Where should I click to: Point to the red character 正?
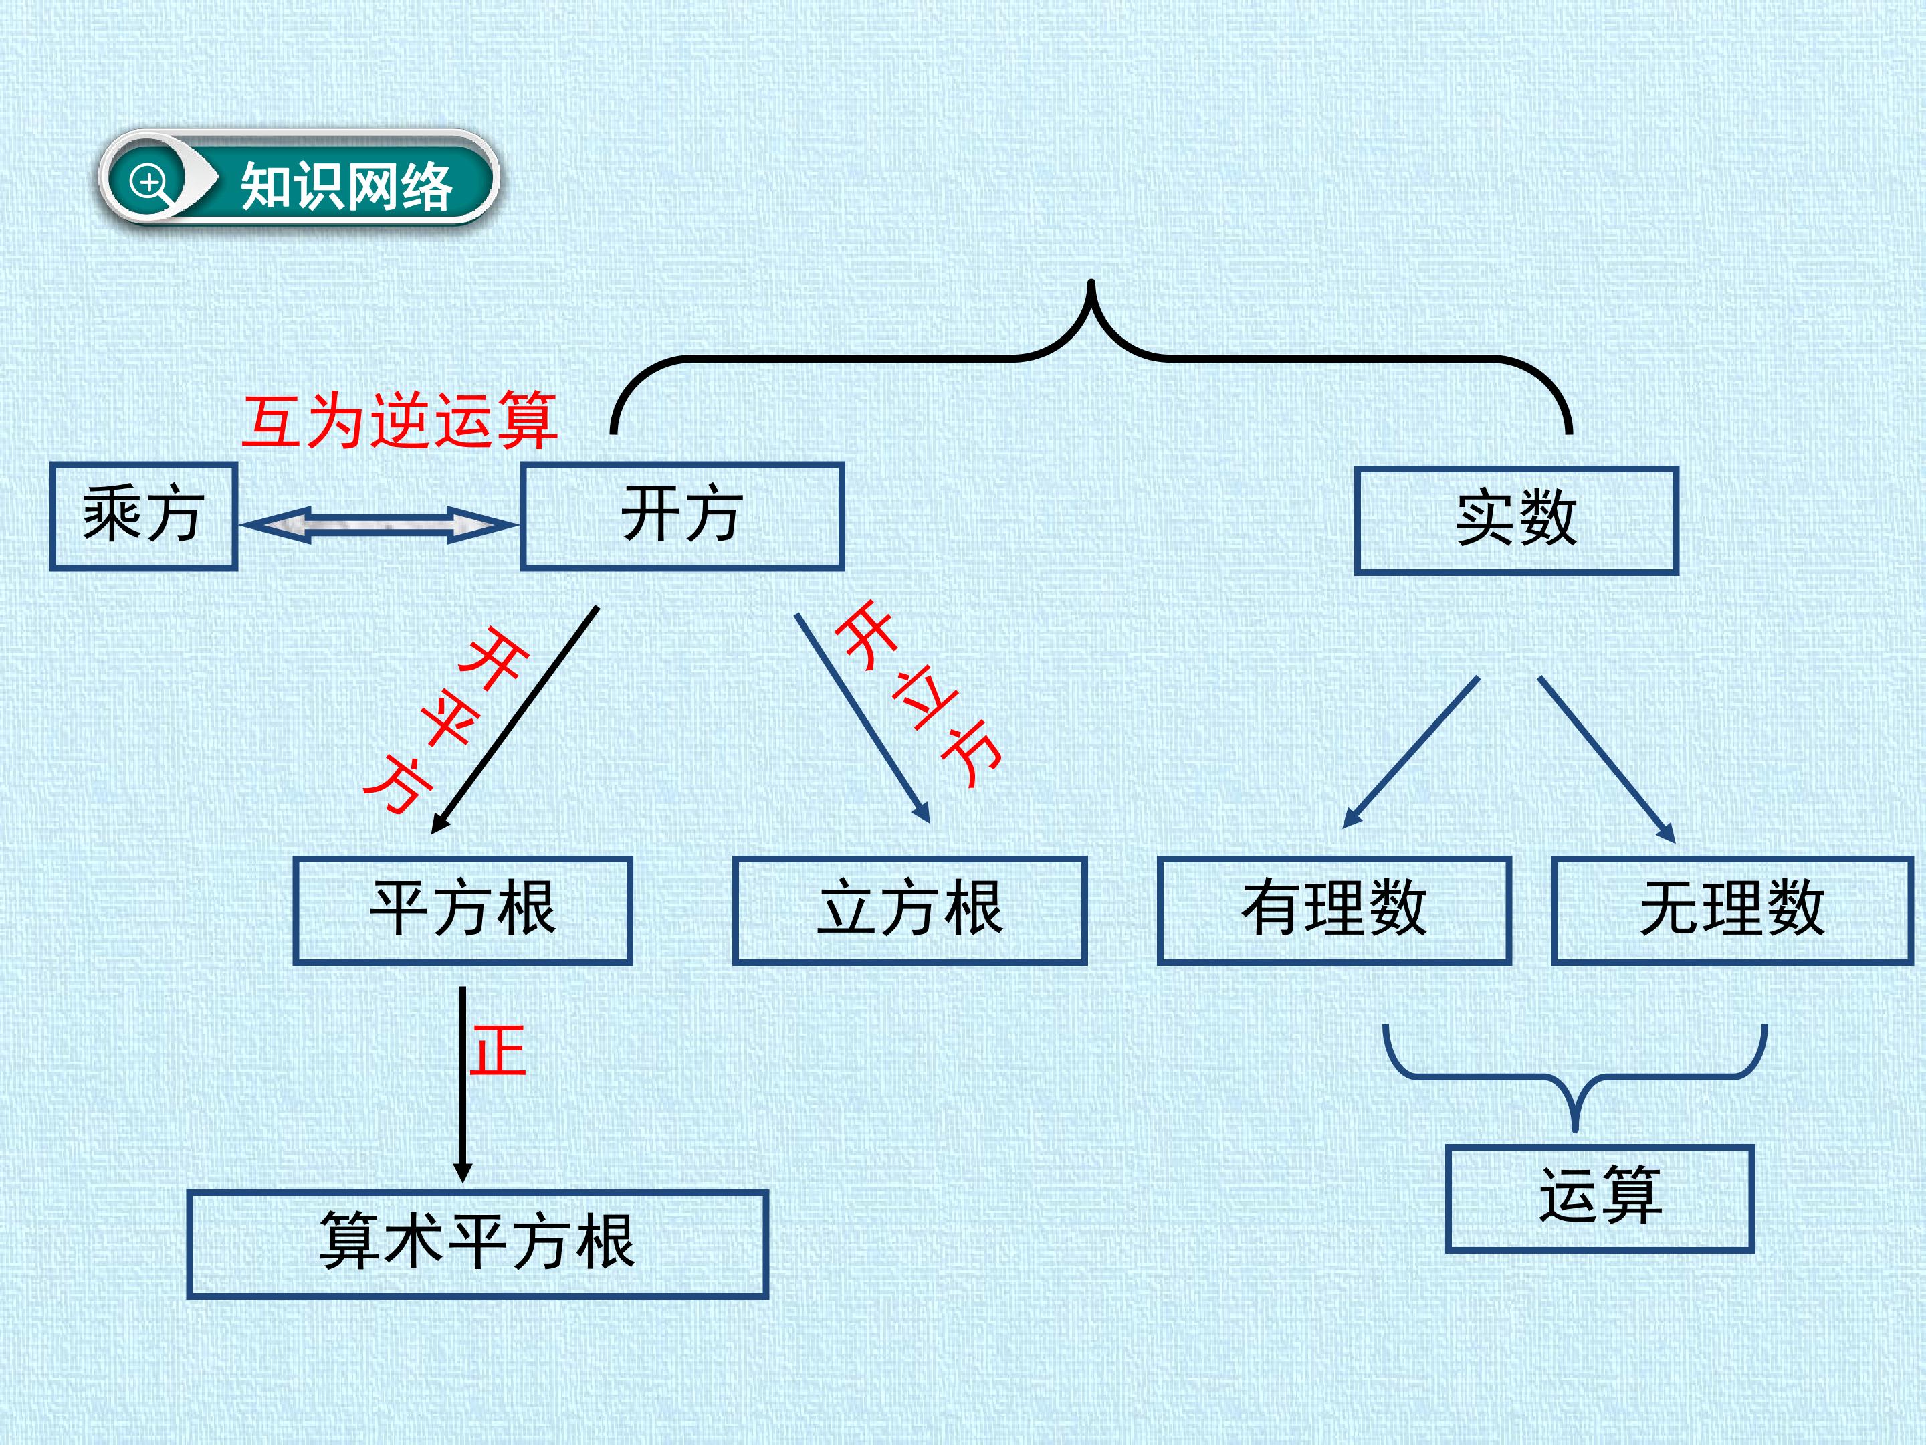498,1050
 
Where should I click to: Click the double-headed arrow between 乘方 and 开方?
379,525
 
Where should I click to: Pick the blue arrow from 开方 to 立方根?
862,718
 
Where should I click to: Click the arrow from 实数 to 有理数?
1410,752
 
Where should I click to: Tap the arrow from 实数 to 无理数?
1607,759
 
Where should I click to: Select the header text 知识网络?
346,187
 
